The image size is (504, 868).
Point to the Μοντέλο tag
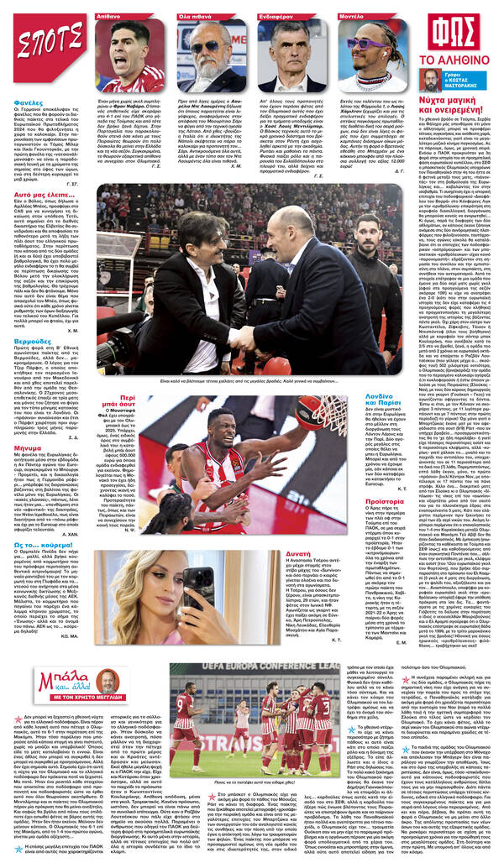[353, 16]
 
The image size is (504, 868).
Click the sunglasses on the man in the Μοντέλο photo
[362, 44]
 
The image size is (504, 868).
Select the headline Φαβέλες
[29, 104]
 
